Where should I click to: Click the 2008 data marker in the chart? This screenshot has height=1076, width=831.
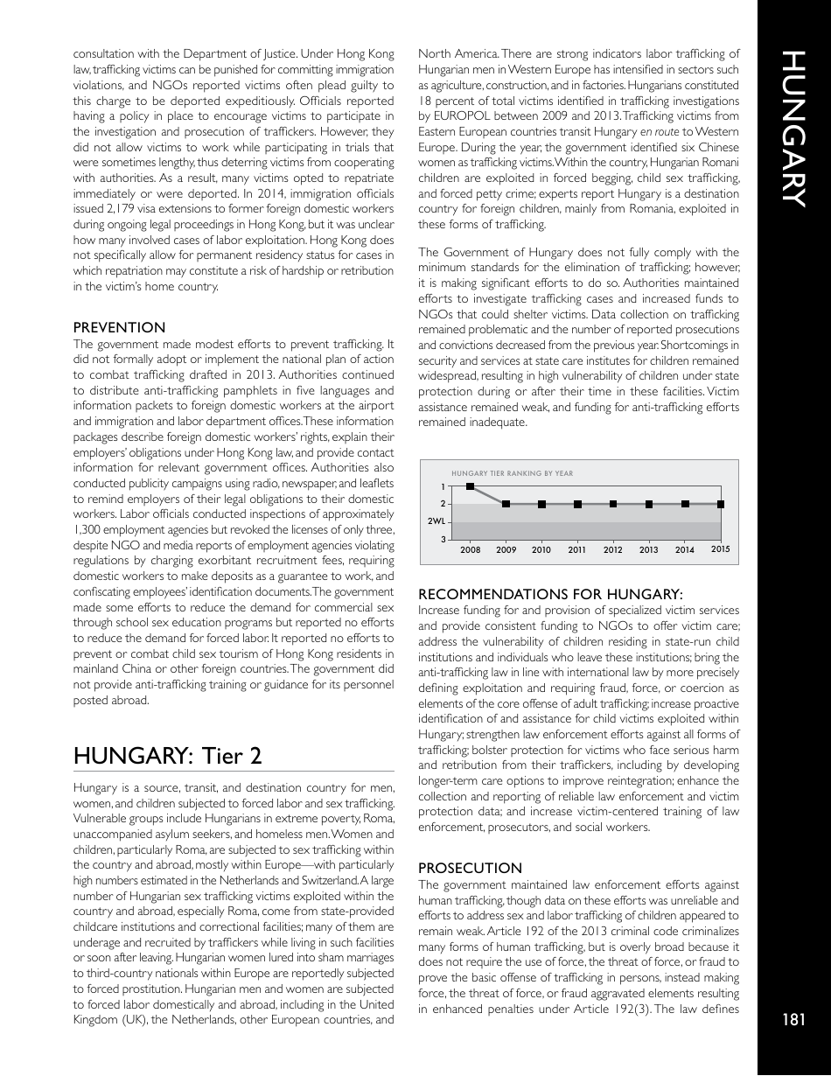pos(471,486)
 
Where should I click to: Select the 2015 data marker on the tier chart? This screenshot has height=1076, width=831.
pos(720,504)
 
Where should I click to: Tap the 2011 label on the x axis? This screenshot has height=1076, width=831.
pos(577,550)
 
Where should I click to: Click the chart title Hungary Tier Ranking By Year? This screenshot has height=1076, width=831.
pos(512,473)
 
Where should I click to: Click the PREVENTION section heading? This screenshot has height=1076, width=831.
pos(119,327)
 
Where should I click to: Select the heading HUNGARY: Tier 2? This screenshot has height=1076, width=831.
pos(167,755)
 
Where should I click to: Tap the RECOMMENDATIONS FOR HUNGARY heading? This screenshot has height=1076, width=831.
pos(550,594)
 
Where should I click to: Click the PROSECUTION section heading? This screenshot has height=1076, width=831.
pos(470,868)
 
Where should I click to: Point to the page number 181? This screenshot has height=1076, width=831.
pos(793,1019)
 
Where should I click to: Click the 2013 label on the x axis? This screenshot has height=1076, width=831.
pos(648,550)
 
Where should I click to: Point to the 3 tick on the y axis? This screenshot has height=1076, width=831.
pos(443,540)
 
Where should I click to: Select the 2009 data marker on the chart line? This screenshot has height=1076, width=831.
pos(506,504)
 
